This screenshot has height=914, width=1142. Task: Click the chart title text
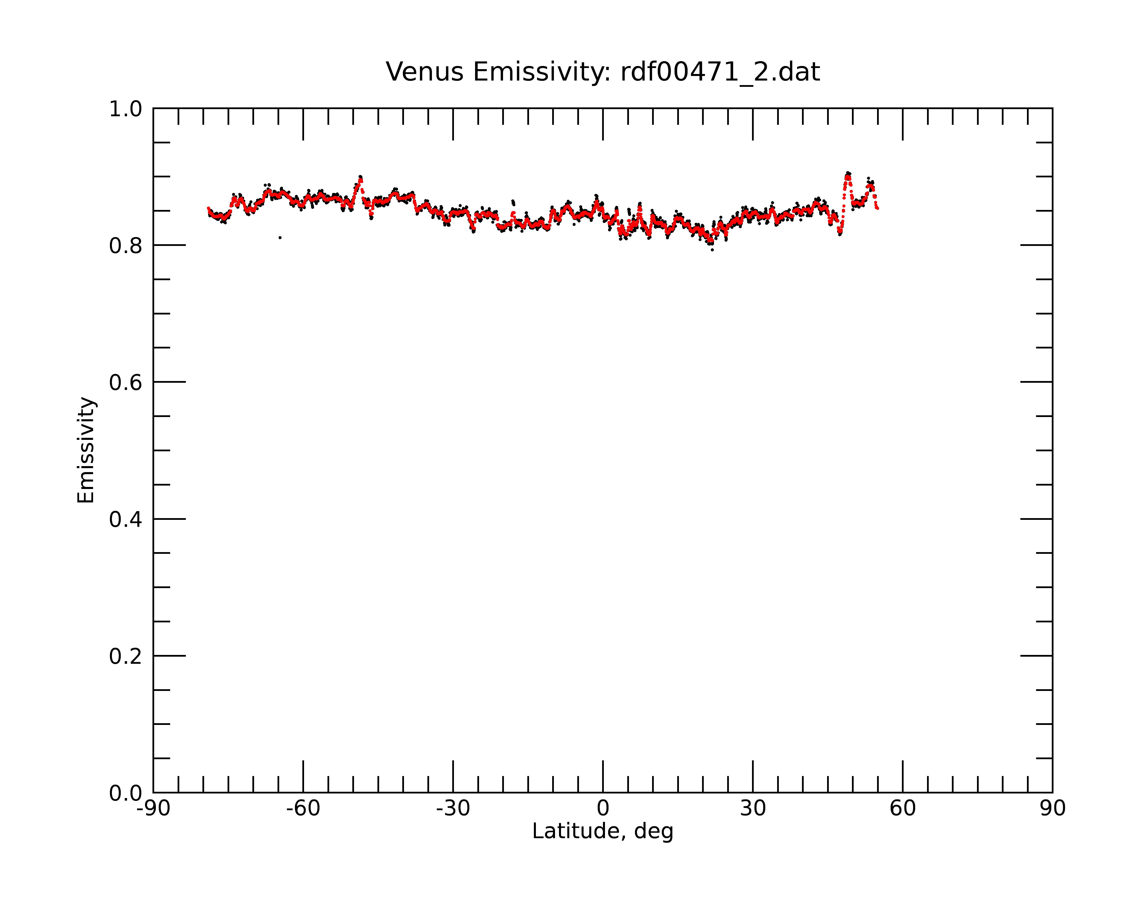click(x=603, y=72)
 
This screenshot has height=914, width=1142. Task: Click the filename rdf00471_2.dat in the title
click(x=720, y=72)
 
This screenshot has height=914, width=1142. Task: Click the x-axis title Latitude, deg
click(x=603, y=832)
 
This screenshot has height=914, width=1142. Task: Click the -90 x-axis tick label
click(x=153, y=809)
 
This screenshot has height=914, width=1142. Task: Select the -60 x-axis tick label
click(x=303, y=809)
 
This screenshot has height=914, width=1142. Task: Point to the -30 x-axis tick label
click(x=453, y=809)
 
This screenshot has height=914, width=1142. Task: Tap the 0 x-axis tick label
click(x=603, y=809)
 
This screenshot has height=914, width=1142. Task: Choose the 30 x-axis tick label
click(x=753, y=809)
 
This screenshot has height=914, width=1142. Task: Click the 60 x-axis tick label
click(x=902, y=809)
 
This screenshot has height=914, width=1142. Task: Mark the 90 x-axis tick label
click(x=1052, y=809)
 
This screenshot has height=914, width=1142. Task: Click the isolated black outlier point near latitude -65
click(x=280, y=237)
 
